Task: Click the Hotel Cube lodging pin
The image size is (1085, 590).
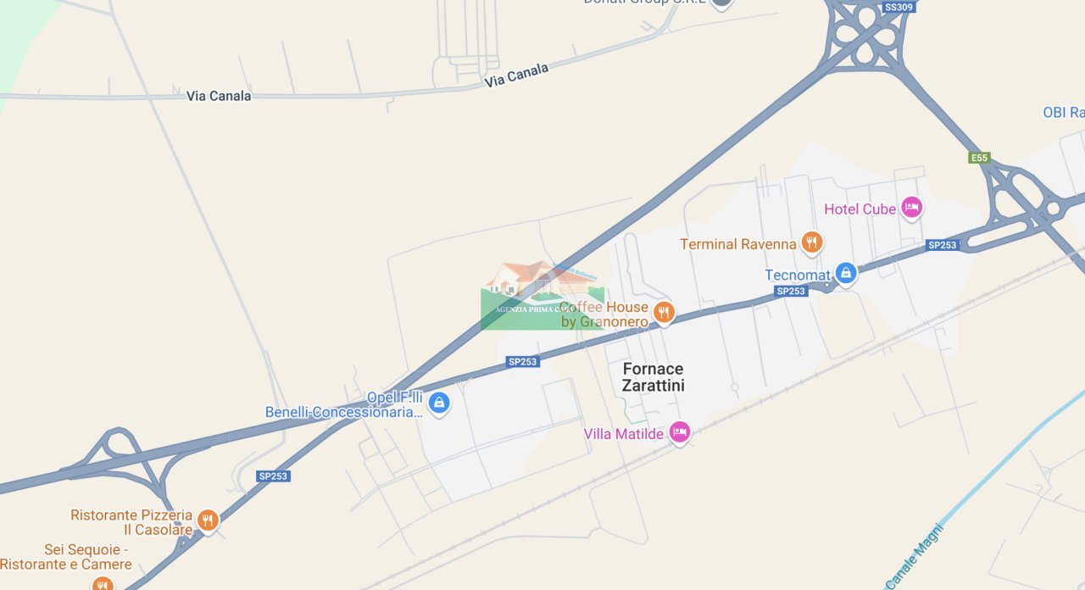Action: pyautogui.click(x=911, y=207)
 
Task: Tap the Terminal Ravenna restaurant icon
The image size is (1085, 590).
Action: pyautogui.click(x=811, y=243)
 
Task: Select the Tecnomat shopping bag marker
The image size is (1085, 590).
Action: pyautogui.click(x=845, y=273)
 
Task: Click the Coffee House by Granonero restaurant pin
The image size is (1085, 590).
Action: pyautogui.click(x=664, y=313)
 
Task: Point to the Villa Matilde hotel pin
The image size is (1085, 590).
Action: pyautogui.click(x=679, y=432)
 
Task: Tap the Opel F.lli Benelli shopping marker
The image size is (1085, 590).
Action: pyautogui.click(x=438, y=403)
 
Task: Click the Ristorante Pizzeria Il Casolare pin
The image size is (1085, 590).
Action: pyautogui.click(x=207, y=520)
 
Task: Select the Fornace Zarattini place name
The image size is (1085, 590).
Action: pyautogui.click(x=653, y=377)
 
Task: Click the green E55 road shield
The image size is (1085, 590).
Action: pyautogui.click(x=979, y=158)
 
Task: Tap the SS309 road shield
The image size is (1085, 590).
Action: pyautogui.click(x=899, y=8)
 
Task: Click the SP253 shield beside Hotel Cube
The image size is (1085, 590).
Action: pyautogui.click(x=942, y=245)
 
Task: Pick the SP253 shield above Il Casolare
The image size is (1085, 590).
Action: pyautogui.click(x=273, y=476)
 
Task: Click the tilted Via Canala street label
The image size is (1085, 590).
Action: pyautogui.click(x=516, y=75)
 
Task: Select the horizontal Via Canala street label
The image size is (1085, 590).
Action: pyautogui.click(x=219, y=96)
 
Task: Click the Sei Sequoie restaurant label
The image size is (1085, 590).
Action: pyautogui.click(x=66, y=557)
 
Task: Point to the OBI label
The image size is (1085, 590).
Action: pyautogui.click(x=1063, y=113)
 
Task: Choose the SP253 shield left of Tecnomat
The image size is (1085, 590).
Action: pyautogui.click(x=790, y=291)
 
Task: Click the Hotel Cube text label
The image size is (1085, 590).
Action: pyautogui.click(x=860, y=209)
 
